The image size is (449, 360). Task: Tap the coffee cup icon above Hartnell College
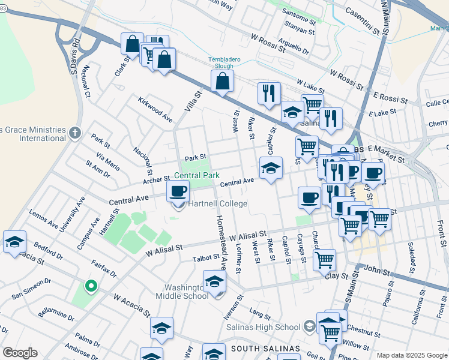click(x=177, y=191)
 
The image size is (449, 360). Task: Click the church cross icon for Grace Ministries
click(x=74, y=132)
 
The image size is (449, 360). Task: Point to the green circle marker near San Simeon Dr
click(x=91, y=286)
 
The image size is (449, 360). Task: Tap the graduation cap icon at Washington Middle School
click(x=214, y=281)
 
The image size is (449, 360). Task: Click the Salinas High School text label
click(x=263, y=327)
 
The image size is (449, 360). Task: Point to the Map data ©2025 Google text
click(x=411, y=355)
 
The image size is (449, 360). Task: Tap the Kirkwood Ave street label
click(x=155, y=109)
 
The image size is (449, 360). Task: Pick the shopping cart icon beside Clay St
click(x=324, y=259)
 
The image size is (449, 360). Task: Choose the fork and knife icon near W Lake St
click(x=269, y=92)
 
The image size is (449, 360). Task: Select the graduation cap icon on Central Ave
click(x=271, y=167)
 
